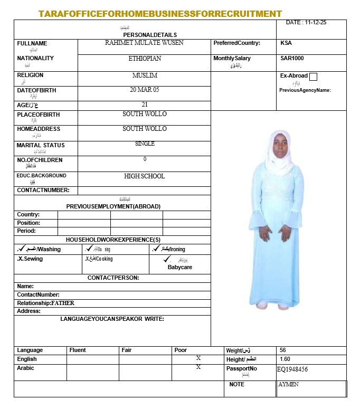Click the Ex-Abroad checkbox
click(x=313, y=77)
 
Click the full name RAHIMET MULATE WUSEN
click(x=144, y=43)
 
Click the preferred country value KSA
click(x=286, y=43)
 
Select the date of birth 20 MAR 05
click(x=144, y=90)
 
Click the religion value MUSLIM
click(x=145, y=75)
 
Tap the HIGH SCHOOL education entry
click(x=144, y=176)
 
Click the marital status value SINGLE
click(x=145, y=144)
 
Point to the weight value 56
click(x=283, y=350)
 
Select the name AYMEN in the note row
click(x=289, y=384)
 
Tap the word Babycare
click(x=179, y=267)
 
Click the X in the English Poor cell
click(x=198, y=358)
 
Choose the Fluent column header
click(x=78, y=350)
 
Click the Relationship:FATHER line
click(x=46, y=303)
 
